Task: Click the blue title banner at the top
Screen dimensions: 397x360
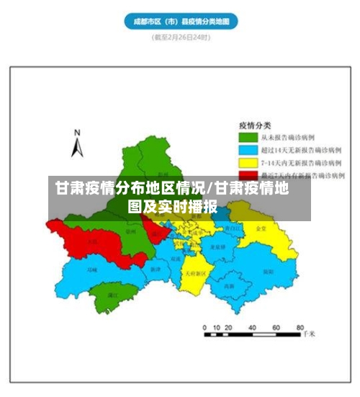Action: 181,22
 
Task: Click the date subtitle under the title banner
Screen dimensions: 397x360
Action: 180,38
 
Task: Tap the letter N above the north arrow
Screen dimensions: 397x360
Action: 78,132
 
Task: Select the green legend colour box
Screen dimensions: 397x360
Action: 248,136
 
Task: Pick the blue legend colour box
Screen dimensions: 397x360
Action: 248,150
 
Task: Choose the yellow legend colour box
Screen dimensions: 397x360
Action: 248,163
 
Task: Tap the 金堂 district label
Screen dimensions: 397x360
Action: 261,228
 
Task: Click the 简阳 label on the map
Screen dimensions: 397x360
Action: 267,272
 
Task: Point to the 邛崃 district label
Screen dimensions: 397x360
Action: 91,270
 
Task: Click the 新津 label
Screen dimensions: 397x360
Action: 156,269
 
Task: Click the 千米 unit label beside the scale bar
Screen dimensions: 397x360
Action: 309,334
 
